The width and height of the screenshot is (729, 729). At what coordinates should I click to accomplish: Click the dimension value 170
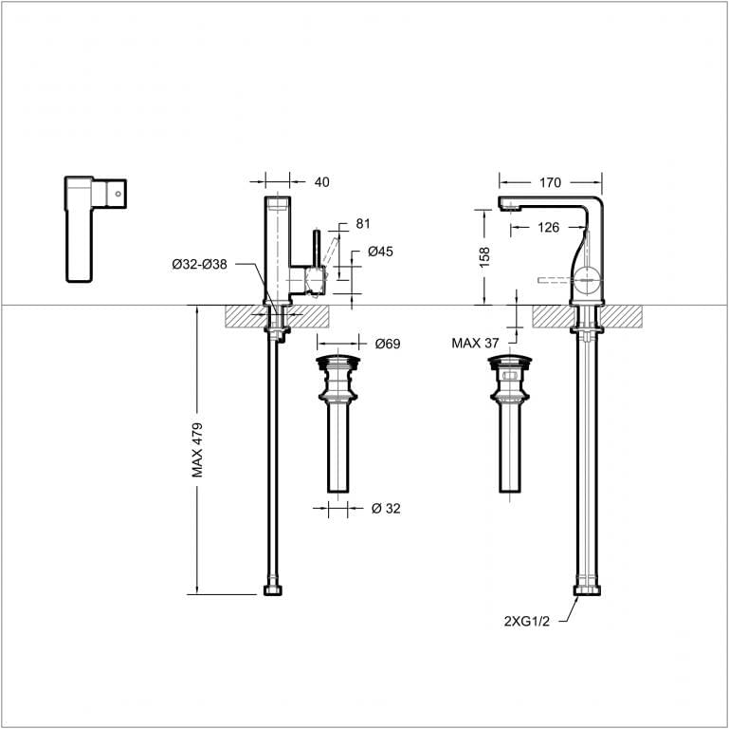551,182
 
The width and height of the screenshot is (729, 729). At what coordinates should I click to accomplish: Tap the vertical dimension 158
484,257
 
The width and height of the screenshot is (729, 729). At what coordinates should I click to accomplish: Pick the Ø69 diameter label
387,343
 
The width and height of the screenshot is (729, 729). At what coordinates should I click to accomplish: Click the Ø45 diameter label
381,252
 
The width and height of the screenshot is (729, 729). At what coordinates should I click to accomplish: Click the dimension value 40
321,182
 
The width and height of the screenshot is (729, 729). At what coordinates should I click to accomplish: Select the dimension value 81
363,224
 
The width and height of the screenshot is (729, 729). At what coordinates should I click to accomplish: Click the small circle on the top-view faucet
118,192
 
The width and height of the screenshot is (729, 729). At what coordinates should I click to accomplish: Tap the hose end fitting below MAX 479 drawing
273,590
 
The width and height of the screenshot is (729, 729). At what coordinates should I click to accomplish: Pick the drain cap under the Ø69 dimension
339,361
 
